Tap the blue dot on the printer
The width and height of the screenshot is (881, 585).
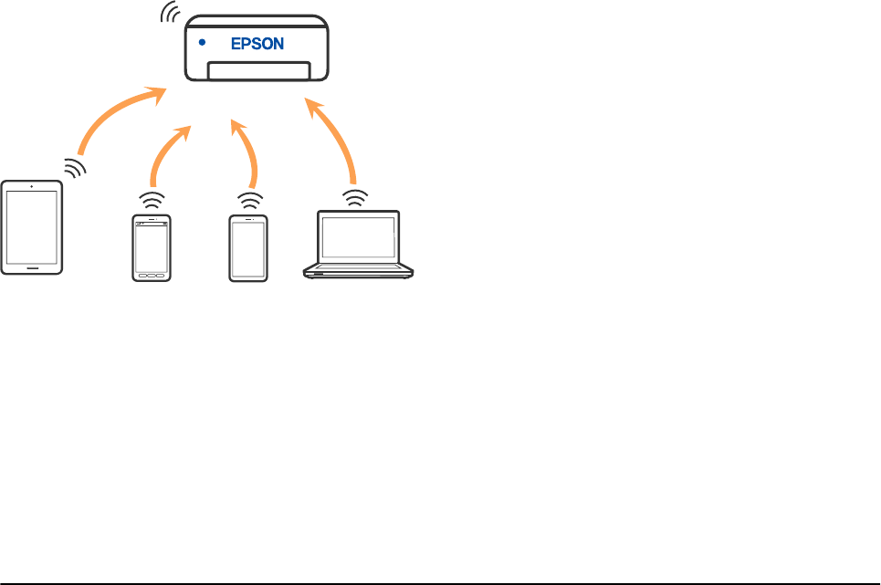(x=202, y=43)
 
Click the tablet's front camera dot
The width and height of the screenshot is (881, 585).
(x=32, y=186)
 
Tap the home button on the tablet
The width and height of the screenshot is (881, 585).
(x=32, y=268)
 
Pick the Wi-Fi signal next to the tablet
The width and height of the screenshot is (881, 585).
(x=75, y=167)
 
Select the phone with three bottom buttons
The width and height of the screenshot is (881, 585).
(x=152, y=247)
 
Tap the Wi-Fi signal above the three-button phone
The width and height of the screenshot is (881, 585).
(x=152, y=199)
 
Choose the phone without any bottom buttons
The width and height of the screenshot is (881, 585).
(x=248, y=247)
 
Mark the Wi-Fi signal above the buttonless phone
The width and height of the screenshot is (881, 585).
(x=248, y=199)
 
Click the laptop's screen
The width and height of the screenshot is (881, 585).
(x=357, y=238)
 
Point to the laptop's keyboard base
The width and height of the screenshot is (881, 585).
(x=358, y=270)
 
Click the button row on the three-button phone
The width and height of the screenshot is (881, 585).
(x=152, y=276)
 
